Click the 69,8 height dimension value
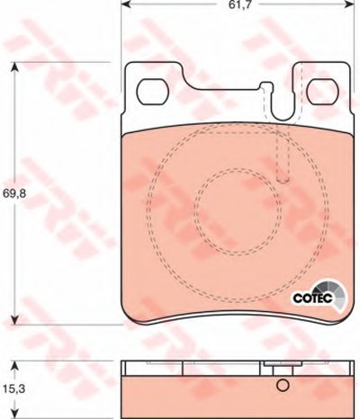pos(14,193)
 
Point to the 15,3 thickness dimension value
pos(14,389)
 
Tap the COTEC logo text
pos(312,298)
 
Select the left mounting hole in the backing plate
pos(152,92)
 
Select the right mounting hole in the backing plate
pos(324,92)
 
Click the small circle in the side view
pos(283,385)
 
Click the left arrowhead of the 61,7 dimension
pos(125,4)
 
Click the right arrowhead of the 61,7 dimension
pos(350,4)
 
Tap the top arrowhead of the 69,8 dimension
pos(15,67)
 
